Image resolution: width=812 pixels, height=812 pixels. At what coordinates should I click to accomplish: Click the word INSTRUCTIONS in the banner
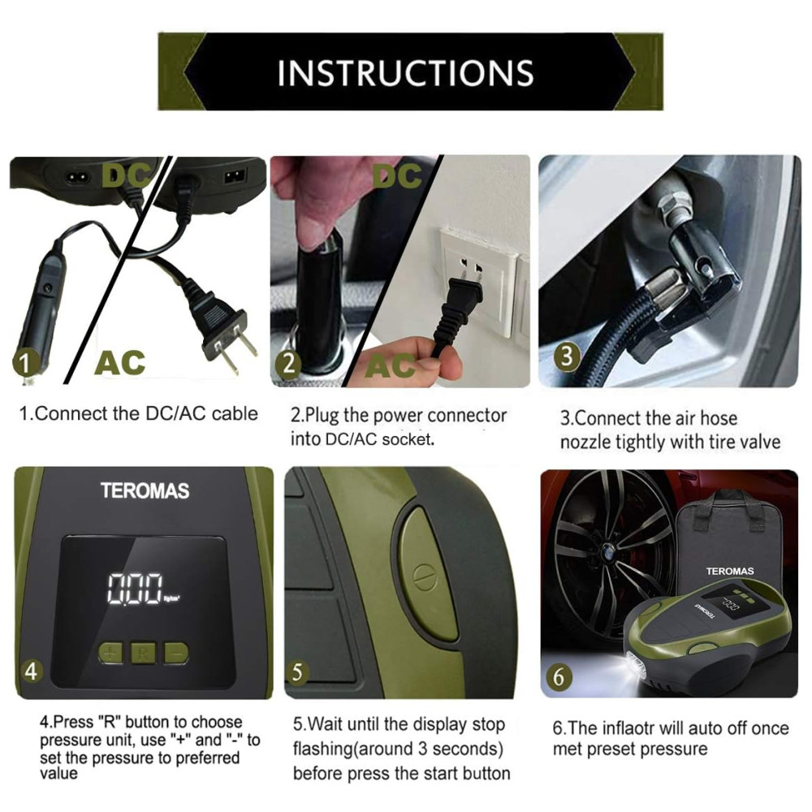coord(405,72)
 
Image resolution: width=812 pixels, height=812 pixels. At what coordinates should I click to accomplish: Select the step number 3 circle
coord(567,356)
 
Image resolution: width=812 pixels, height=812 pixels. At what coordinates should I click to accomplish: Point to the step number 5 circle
coord(297,672)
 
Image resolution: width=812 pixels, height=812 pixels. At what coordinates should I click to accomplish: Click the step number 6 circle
coord(559,677)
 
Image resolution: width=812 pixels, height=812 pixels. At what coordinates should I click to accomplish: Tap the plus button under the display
coord(110,653)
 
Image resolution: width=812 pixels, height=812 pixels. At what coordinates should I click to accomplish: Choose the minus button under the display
coord(176,653)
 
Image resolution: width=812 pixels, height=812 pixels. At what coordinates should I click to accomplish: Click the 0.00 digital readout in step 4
coord(135,589)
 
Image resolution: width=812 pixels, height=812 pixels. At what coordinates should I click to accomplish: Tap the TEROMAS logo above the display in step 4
coord(145,490)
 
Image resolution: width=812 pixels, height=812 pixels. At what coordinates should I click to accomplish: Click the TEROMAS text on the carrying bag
coord(730,571)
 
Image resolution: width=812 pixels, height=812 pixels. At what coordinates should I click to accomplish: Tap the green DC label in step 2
coord(398,176)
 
